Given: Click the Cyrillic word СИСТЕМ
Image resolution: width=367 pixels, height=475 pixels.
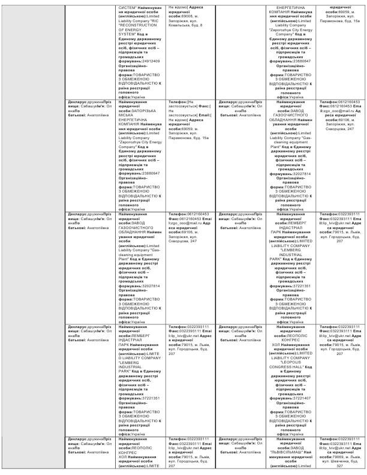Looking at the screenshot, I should coord(128,7).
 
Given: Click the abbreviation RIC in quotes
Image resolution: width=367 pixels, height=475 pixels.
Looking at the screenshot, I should coord(157,22).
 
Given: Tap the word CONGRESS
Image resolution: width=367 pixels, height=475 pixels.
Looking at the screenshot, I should coord(290,366).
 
